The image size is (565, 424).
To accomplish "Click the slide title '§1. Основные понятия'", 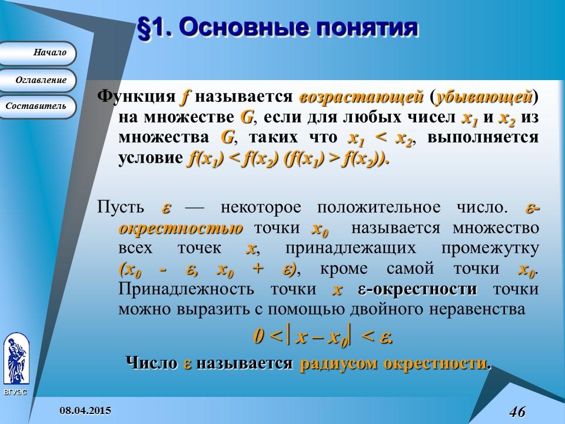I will (277, 28).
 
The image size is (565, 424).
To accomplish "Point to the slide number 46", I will (517, 411).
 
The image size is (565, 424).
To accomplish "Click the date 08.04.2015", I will (86, 410).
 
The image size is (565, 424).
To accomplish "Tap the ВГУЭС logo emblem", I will (15, 359).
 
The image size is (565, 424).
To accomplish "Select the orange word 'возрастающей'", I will (361, 95).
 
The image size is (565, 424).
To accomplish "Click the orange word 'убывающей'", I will (483, 95).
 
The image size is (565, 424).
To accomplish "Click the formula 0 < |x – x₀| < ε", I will (323, 337).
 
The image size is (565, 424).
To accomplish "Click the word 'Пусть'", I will (119, 208).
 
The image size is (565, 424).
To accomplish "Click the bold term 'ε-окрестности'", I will (417, 290).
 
